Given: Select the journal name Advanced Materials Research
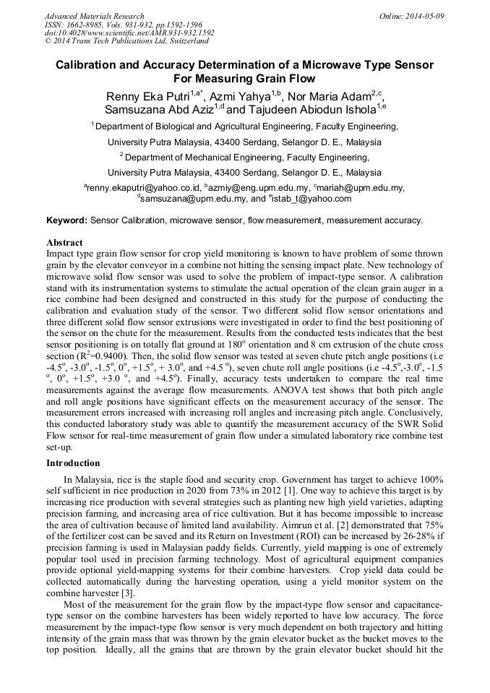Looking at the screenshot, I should [x=94, y=16].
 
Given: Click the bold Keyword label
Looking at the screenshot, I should [x=66, y=220].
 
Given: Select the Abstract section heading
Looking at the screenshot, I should [x=64, y=242].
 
